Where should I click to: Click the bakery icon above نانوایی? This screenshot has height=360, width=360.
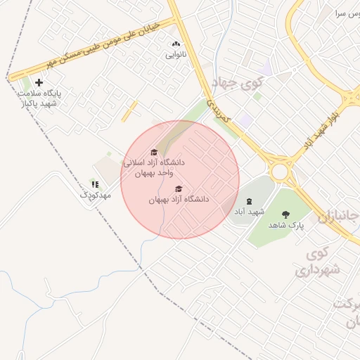click(x=176, y=44)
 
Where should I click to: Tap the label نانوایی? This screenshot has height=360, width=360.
click(x=176, y=54)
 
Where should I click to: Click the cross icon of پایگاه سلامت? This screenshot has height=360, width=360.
click(x=39, y=83)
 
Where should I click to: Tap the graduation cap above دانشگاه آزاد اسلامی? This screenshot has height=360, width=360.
click(x=154, y=152)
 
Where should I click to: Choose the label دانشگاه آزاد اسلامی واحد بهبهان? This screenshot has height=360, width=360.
click(x=154, y=167)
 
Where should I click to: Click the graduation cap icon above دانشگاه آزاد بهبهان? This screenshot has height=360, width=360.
click(x=179, y=189)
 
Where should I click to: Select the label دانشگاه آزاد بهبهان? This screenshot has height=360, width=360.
click(x=179, y=200)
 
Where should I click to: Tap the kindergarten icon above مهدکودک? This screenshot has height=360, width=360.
click(x=95, y=184)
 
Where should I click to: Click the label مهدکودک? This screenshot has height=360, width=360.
click(x=95, y=194)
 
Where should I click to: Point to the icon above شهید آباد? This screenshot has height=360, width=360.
click(x=249, y=201)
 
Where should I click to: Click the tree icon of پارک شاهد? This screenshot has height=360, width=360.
click(x=285, y=214)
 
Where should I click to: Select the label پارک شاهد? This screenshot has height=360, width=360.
click(x=285, y=224)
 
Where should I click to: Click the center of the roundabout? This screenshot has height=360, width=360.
click(x=281, y=170)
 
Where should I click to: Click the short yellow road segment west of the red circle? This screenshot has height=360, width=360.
click(x=129, y=111)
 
